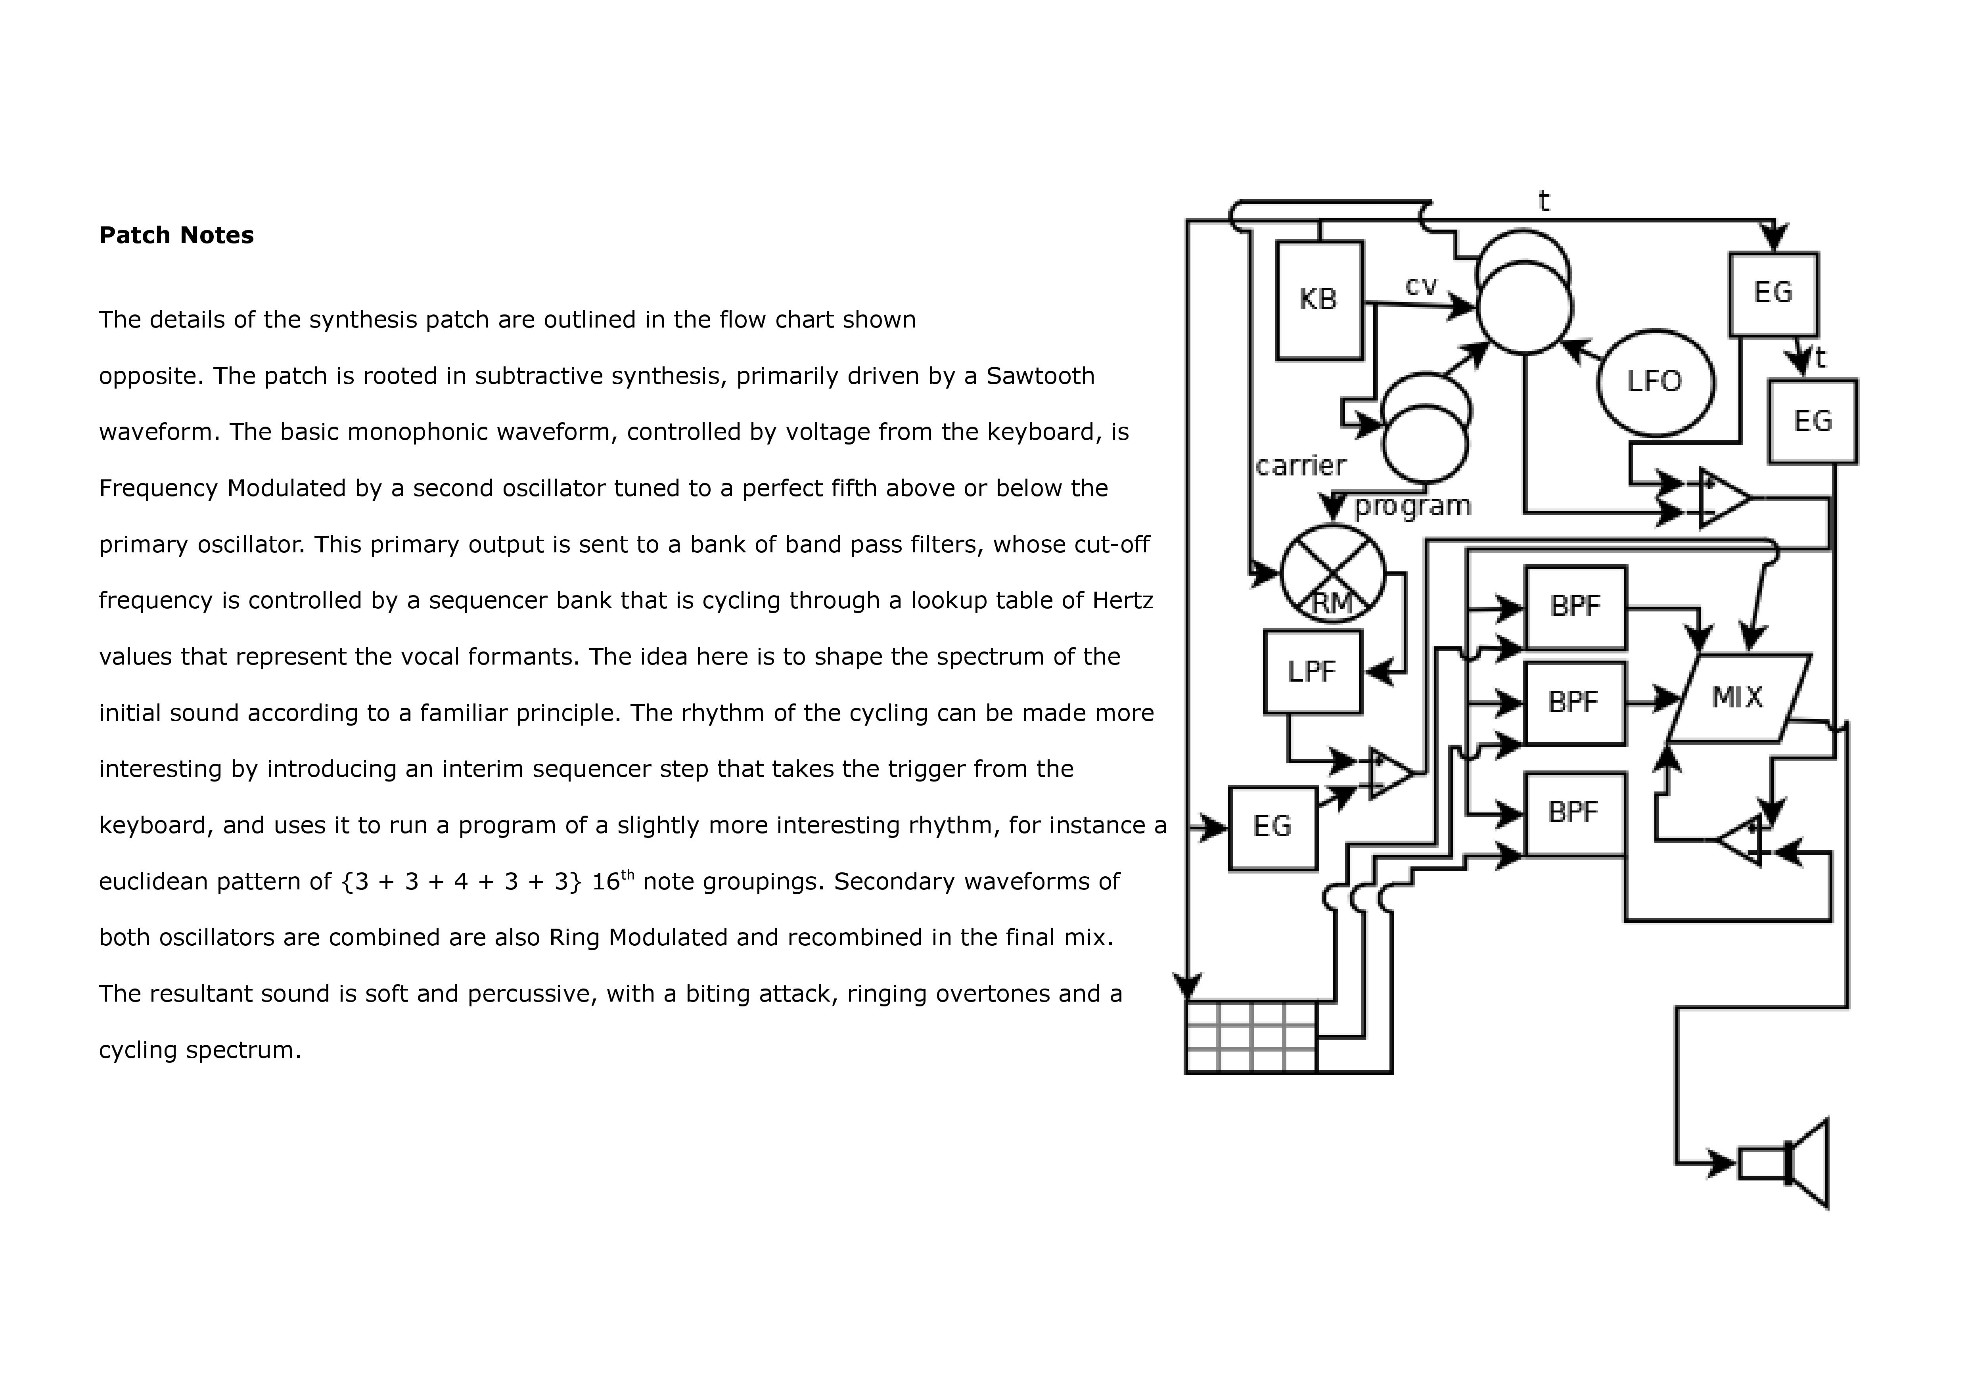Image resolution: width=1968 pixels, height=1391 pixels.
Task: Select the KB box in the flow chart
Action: pyautogui.click(x=1319, y=300)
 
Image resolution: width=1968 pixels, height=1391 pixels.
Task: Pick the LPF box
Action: pyautogui.click(x=1312, y=672)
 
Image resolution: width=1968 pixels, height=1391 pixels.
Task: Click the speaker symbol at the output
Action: pyautogui.click(x=1784, y=1164)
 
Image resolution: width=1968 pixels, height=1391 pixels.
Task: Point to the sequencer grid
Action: pyautogui.click(x=1251, y=1037)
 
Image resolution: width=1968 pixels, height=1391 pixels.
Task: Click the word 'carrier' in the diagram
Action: pyautogui.click(x=1300, y=466)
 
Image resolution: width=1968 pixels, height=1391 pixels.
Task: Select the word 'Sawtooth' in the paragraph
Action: pyautogui.click(x=1041, y=376)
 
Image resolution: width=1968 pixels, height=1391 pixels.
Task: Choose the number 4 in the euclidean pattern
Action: pyautogui.click(x=461, y=882)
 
